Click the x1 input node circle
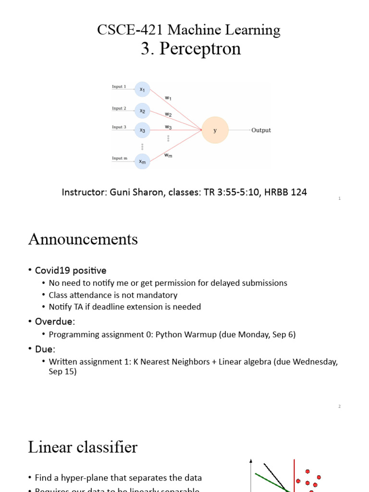tap(142, 89)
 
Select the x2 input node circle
tap(142, 111)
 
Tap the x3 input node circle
tap(142, 130)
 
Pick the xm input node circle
tap(142, 161)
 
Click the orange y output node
tap(215, 130)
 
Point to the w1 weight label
tap(168, 98)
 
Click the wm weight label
tap(168, 155)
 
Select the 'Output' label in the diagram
tap(261, 130)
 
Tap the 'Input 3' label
tap(119, 127)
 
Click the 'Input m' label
tap(119, 158)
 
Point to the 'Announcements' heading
tap(83, 239)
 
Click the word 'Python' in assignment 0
tap(167, 334)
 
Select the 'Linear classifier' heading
tap(83, 447)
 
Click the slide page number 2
tap(339, 406)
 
